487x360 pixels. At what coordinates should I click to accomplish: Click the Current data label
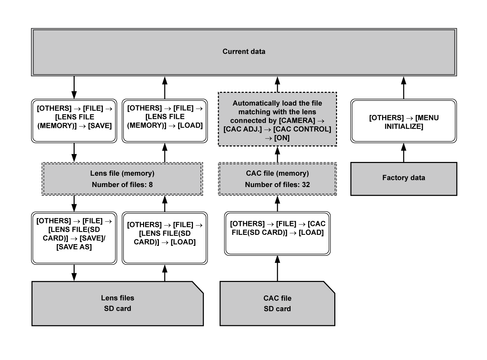pos(243,52)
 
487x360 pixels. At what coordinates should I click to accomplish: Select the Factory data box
pos(403,178)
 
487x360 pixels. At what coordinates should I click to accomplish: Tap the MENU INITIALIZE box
pos(403,121)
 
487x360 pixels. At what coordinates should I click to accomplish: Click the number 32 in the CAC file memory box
pos(306,185)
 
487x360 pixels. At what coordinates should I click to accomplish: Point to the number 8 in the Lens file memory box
pos(151,185)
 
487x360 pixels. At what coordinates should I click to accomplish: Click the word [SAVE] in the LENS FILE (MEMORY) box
pos(100,126)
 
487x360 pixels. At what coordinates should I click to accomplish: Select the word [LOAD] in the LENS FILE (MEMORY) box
pos(190,126)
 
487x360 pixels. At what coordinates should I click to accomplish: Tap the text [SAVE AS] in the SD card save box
pos(74,247)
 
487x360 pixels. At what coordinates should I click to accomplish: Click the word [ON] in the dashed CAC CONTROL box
pos(282,138)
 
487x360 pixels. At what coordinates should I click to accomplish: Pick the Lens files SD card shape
pos(117,303)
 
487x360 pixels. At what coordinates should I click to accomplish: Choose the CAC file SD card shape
pos(277,303)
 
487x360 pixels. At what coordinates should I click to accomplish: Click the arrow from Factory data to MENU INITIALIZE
pos(403,152)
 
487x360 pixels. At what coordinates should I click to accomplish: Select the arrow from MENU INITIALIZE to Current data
pos(403,88)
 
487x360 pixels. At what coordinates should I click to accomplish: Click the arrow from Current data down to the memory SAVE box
pos(74,88)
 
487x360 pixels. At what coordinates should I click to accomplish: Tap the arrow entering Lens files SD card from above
pos(74,273)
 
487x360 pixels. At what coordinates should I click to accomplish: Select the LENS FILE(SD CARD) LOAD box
pos(165,238)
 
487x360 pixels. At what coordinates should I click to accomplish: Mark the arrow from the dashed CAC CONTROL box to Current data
pos(277,84)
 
